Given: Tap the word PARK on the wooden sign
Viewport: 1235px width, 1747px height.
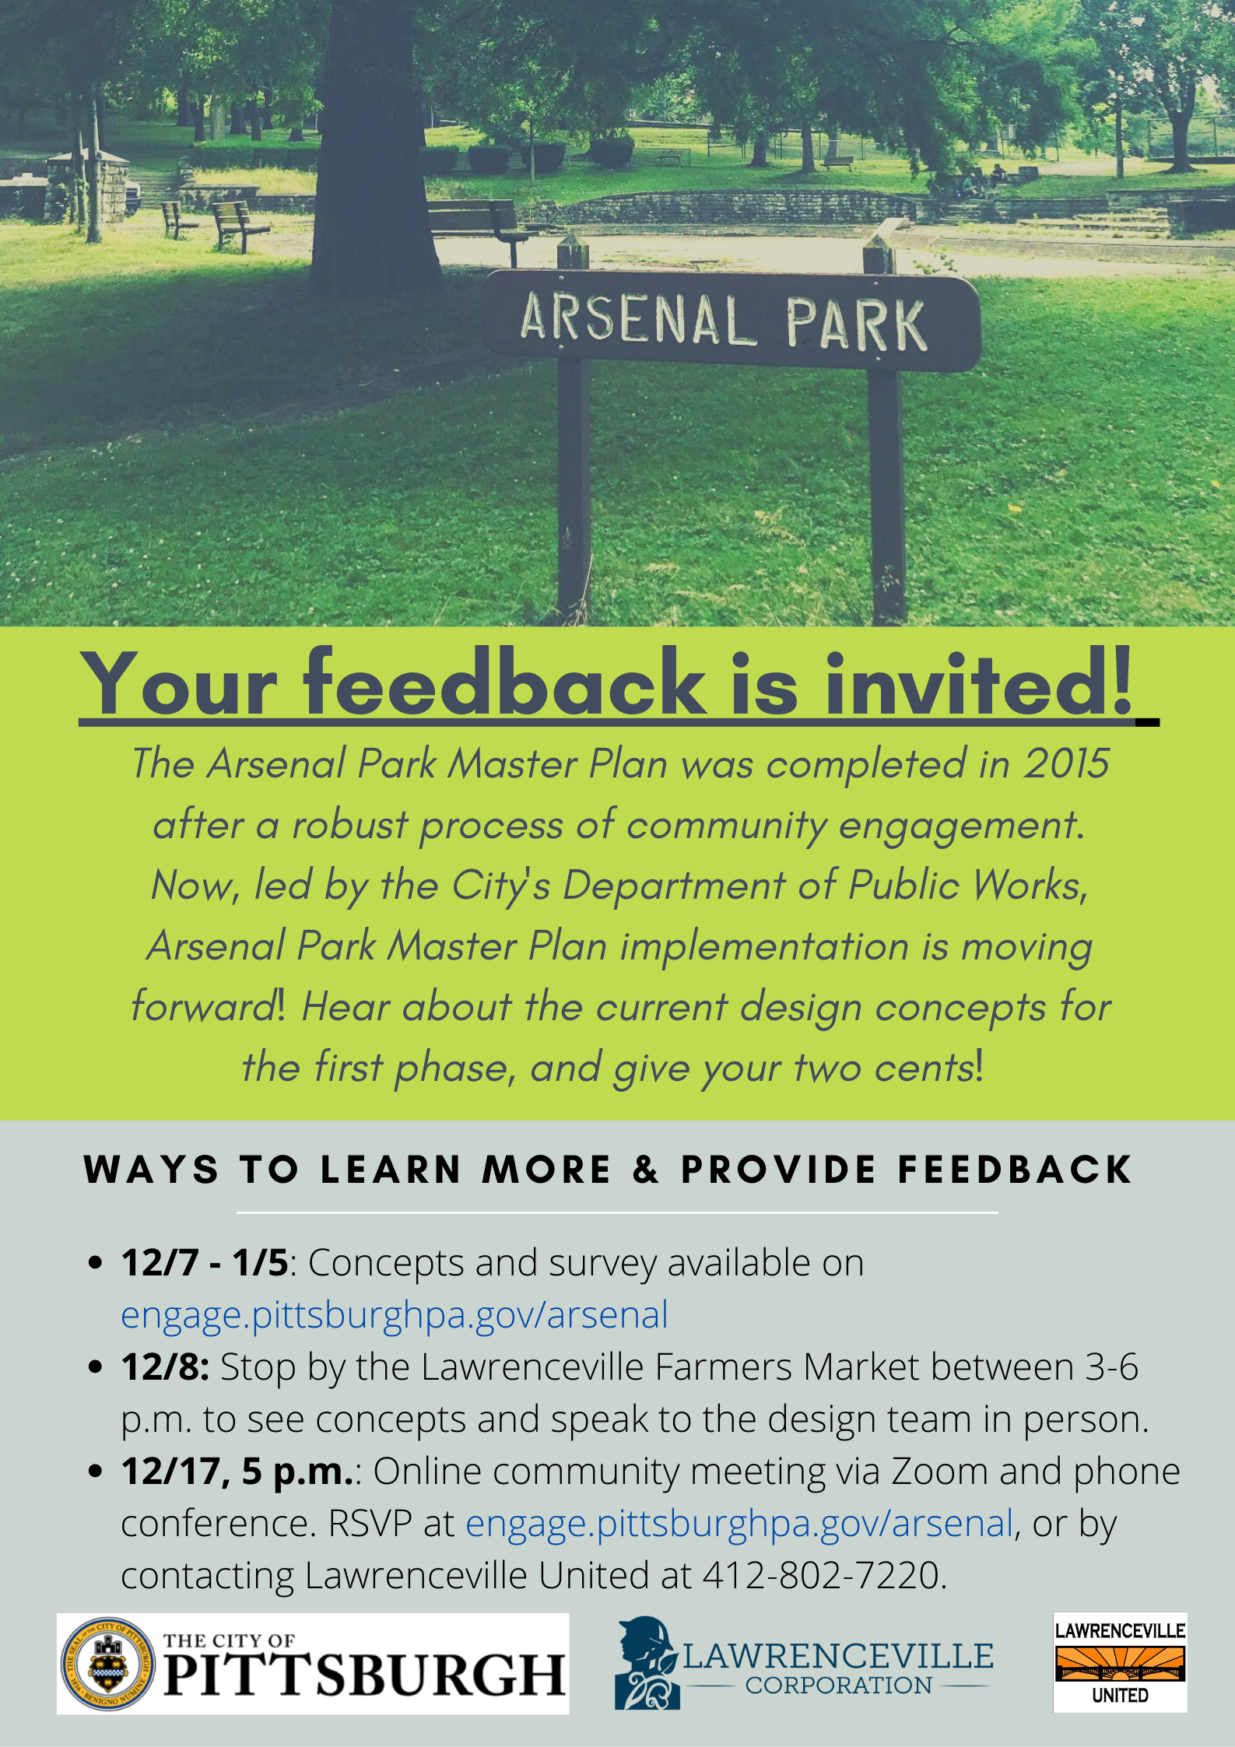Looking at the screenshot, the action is [x=856, y=324].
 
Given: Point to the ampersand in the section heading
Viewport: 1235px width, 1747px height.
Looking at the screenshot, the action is [x=647, y=1170].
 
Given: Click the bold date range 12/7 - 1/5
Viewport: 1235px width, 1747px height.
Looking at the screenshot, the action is [x=205, y=1262].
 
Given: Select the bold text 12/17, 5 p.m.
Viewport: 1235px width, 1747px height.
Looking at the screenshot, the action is [x=238, y=1472].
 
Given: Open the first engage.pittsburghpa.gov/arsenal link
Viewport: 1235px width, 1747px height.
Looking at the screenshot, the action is [x=395, y=1315].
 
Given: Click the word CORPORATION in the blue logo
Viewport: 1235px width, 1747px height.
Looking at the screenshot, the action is [x=838, y=1686].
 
